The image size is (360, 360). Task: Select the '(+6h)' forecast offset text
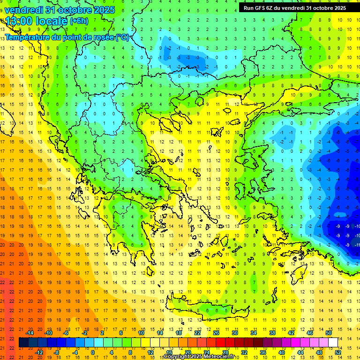point(79,21)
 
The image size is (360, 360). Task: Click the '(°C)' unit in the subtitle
point(122,37)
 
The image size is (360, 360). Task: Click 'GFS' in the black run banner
point(260,8)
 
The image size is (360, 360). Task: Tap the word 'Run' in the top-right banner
point(249,8)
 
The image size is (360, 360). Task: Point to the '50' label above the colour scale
point(328,333)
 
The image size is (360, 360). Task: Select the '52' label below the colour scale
point(337,352)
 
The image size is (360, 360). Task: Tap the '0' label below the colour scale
point(93,352)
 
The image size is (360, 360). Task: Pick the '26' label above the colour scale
point(216,333)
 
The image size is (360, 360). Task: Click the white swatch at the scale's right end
point(333,343)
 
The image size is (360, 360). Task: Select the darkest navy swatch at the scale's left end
point(23,343)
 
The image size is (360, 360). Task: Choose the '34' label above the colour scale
point(254,333)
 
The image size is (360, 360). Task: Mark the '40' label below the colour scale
point(282,352)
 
